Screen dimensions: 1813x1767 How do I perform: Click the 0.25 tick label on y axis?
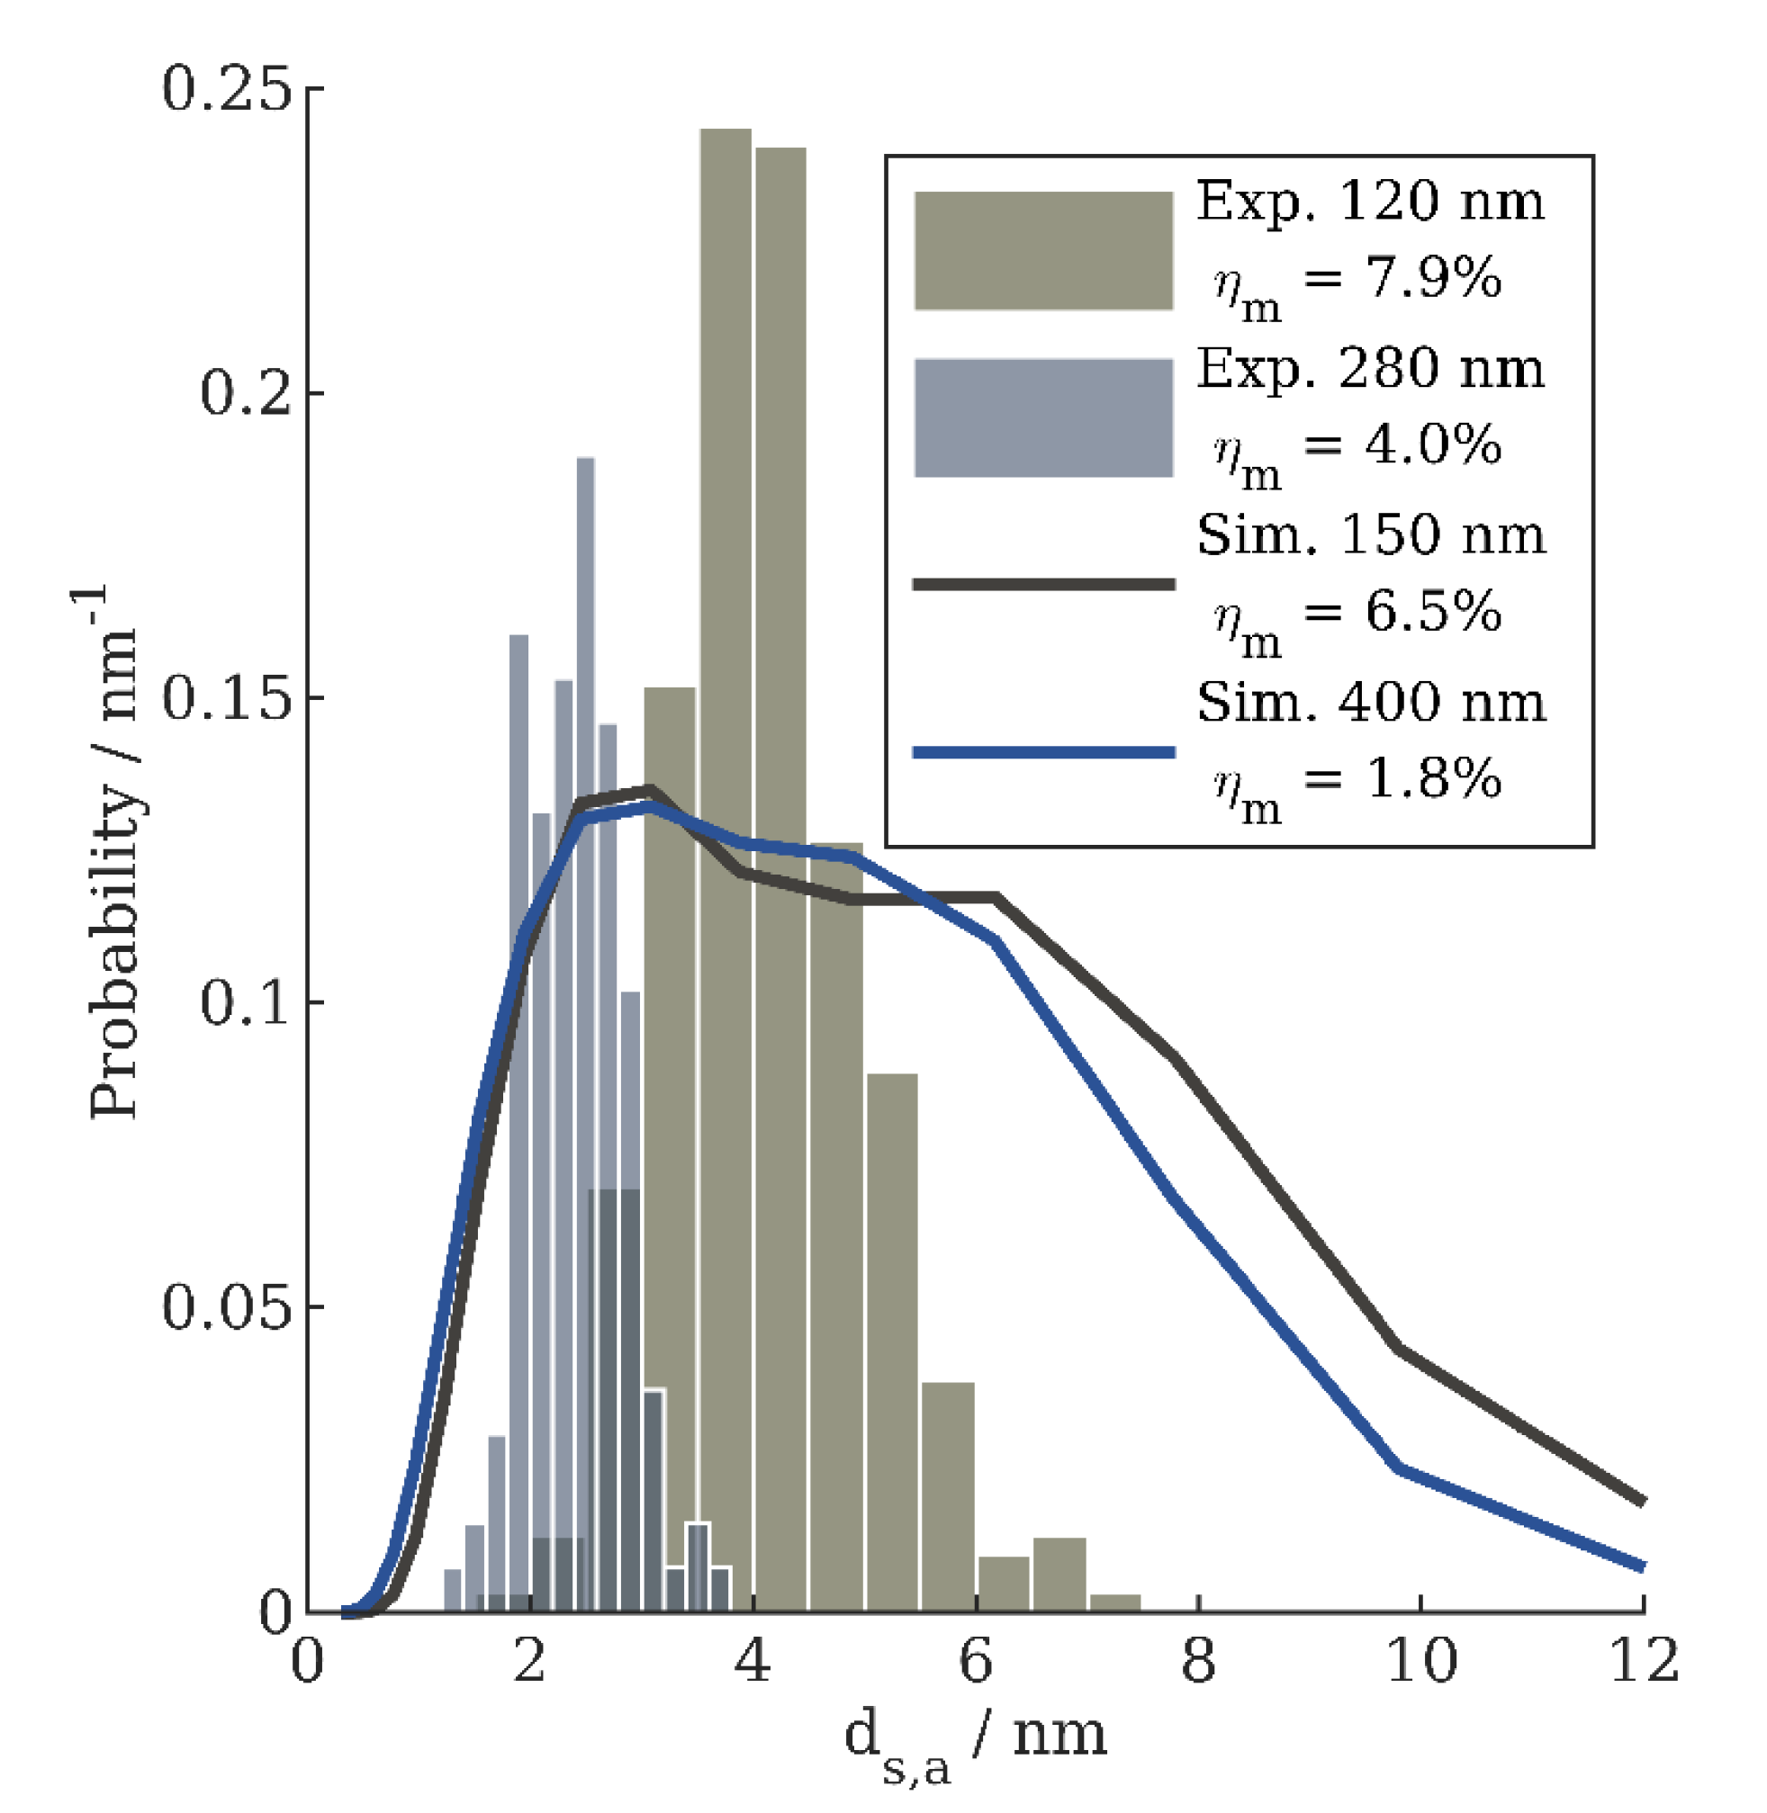coord(227,90)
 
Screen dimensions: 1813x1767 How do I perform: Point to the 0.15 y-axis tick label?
coord(227,697)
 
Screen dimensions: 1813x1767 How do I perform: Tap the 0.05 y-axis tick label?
coord(227,1307)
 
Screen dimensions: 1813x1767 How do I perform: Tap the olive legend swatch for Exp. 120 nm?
coord(1043,250)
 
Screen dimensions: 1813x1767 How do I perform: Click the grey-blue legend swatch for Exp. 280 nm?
coord(1043,417)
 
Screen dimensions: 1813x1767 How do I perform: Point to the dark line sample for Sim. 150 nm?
coord(1043,585)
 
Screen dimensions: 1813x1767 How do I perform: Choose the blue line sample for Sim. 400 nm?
coord(1043,752)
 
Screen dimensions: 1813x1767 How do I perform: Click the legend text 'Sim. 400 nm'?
coord(1371,703)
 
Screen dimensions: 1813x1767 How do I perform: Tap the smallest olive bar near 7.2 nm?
coord(1114,1603)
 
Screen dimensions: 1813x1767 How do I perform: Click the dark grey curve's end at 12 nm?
coord(1641,1500)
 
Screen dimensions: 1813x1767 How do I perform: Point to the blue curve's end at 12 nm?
coord(1641,1566)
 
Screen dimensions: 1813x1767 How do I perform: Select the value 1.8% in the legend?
coord(1433,777)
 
